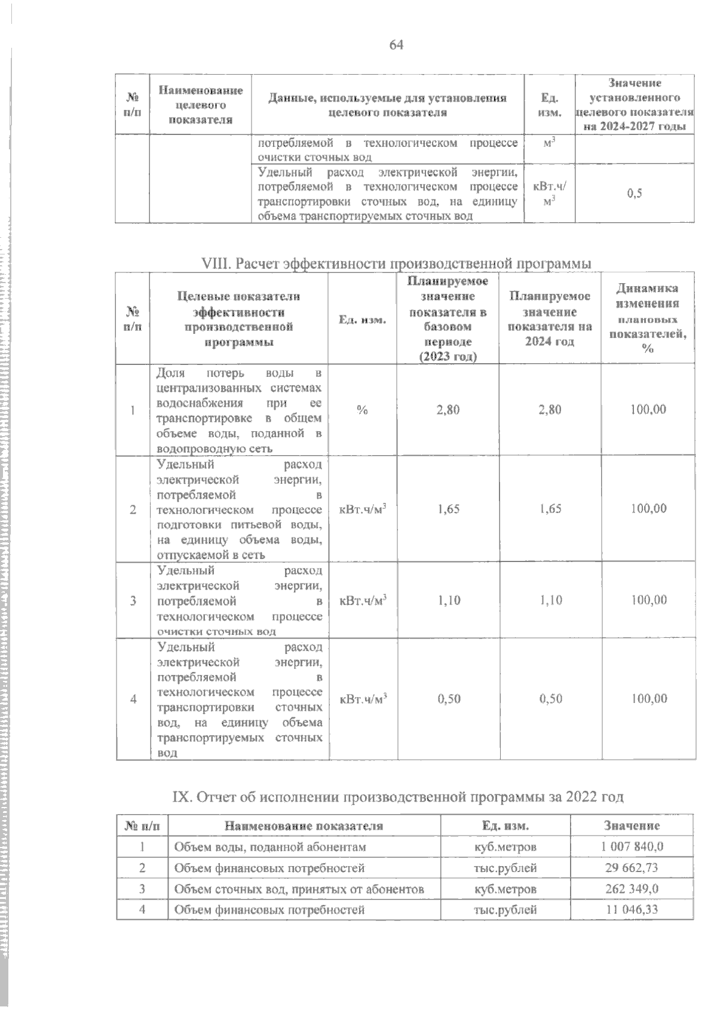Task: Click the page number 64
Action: pyautogui.click(x=396, y=45)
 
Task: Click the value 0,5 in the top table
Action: pyautogui.click(x=635, y=194)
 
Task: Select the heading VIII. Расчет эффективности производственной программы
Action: pyautogui.click(x=397, y=263)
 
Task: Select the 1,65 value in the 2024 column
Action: pyautogui.click(x=550, y=509)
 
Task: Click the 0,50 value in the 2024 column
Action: pyautogui.click(x=550, y=699)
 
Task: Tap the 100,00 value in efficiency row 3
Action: pyautogui.click(x=649, y=600)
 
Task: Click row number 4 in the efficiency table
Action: pyautogui.click(x=133, y=699)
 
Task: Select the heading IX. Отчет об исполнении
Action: pyautogui.click(x=397, y=797)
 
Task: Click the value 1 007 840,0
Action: pyautogui.click(x=632, y=847)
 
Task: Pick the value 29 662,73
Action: pyautogui.click(x=632, y=868)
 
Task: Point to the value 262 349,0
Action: pyautogui.click(x=632, y=889)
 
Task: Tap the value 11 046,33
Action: pyautogui.click(x=632, y=910)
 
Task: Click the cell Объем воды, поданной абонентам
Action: pyautogui.click(x=269, y=847)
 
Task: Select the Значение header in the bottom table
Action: pyautogui.click(x=632, y=826)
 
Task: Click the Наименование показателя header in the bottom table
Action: pyautogui.click(x=304, y=826)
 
